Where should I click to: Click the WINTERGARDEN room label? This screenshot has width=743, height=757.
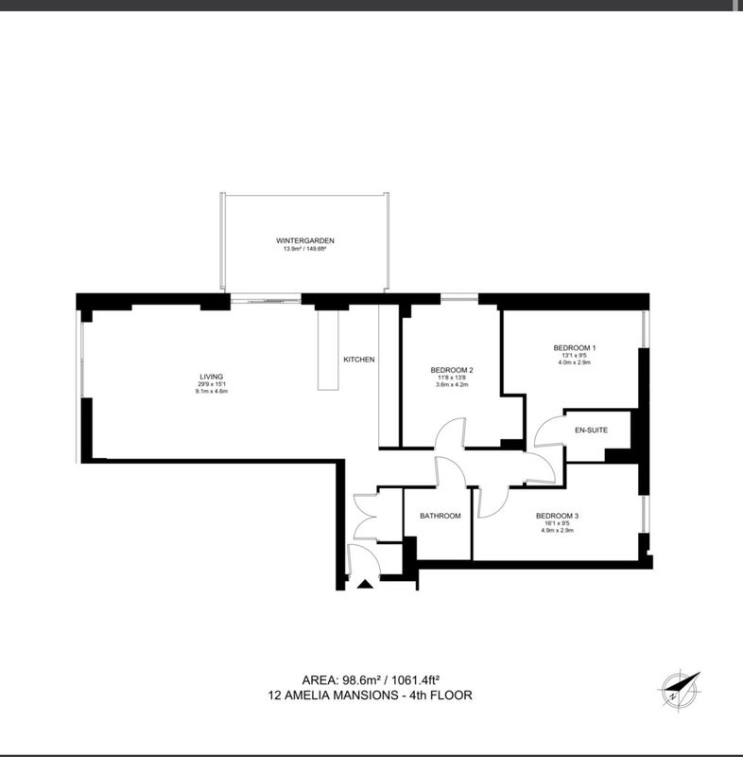tap(304, 240)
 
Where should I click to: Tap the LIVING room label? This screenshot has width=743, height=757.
tap(211, 377)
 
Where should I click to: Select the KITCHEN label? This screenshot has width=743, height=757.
tap(358, 360)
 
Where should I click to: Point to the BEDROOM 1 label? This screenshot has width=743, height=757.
tap(574, 347)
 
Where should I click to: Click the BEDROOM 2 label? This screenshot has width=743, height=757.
tap(452, 370)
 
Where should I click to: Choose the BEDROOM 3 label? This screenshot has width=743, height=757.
tap(557, 516)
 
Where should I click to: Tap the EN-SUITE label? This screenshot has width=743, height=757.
tap(591, 430)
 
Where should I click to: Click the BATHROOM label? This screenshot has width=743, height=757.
tap(441, 516)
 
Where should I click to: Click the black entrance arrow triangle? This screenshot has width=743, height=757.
tap(365, 584)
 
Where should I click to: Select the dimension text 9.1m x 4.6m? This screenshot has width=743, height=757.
tap(211, 391)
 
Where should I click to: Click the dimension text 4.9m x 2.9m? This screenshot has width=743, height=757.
tap(557, 530)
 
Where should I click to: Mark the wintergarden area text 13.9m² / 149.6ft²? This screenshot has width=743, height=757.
tap(304, 249)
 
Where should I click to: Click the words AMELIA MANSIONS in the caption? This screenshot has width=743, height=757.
tap(339, 695)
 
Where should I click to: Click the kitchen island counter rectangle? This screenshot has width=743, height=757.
tap(328, 350)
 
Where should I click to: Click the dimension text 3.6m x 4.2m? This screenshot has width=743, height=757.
tap(452, 385)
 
